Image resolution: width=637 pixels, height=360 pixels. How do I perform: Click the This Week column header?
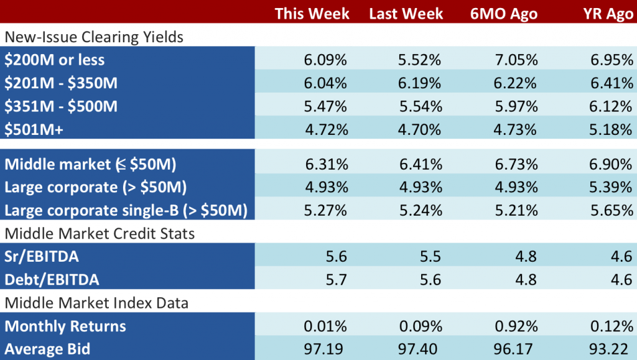tap(312, 14)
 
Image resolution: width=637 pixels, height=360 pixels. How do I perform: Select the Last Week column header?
tap(406, 14)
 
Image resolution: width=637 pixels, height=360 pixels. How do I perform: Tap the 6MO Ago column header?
tap(504, 14)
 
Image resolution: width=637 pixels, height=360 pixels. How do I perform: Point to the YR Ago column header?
tap(608, 14)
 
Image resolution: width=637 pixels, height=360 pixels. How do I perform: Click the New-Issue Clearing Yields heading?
tap(94, 37)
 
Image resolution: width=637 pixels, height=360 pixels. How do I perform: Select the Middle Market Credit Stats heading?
tap(100, 234)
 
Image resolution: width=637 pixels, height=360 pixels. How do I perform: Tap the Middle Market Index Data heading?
tap(96, 303)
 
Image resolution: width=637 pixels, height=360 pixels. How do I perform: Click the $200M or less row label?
tap(55, 60)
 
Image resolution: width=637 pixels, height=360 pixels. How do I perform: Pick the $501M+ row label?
tap(34, 129)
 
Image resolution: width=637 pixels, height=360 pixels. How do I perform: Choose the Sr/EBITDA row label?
tap(42, 257)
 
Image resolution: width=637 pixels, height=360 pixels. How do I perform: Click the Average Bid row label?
tap(47, 349)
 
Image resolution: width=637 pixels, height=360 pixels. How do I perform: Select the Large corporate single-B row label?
tap(126, 211)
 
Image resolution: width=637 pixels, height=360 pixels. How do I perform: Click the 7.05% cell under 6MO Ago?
tap(516, 60)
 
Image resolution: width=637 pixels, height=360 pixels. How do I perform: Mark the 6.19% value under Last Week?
tap(419, 83)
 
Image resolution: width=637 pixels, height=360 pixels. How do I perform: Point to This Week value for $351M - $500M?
tap(325, 106)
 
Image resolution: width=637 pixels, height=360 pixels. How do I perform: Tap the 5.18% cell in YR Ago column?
tap(611, 129)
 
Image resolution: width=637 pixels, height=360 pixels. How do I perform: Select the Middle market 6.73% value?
tap(516, 164)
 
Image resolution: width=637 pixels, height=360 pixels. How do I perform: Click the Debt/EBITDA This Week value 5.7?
tap(337, 280)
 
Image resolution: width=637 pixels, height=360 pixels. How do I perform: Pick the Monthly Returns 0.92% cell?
tap(516, 326)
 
